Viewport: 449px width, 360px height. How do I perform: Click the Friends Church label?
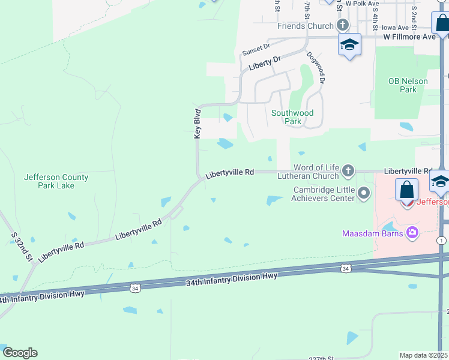tap(305, 26)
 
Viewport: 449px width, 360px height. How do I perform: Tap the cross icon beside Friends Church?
tap(343, 25)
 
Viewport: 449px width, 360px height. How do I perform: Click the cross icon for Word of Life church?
tap(348, 172)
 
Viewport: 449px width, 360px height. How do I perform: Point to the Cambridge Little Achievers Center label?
tap(323, 194)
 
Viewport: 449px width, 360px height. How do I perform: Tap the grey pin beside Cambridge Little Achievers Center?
tap(364, 193)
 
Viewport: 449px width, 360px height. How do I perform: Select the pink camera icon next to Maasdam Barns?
tap(412, 232)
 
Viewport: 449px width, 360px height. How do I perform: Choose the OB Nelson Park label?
tap(408, 85)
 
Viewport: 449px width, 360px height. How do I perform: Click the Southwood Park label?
tap(292, 116)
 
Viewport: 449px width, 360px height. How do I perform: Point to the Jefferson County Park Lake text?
tap(56, 181)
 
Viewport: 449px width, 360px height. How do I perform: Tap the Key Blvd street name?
tap(197, 124)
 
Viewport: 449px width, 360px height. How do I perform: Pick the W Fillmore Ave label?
tap(409, 37)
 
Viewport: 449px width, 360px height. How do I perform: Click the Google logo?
tap(20, 353)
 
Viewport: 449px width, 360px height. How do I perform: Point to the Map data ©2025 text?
tap(423, 355)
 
